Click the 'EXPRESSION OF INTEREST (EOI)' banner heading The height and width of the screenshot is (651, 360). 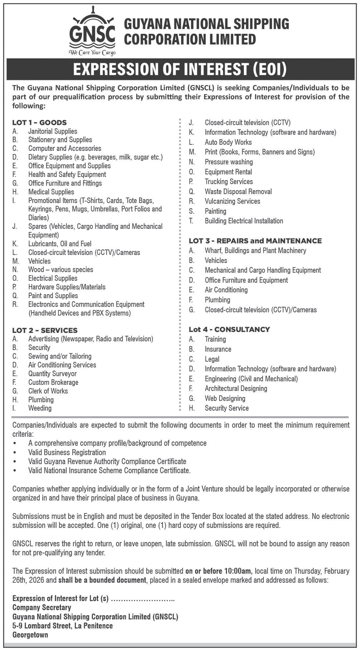[x=180, y=69]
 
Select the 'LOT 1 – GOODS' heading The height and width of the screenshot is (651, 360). [x=39, y=122]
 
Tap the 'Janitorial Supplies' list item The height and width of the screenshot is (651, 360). [x=52, y=131]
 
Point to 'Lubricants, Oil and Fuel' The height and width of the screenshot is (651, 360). [x=60, y=243]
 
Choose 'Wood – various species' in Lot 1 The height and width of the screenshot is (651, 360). [x=61, y=270]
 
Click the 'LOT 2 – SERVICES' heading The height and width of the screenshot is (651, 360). [x=45, y=330]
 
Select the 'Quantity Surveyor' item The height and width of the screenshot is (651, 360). [x=52, y=373]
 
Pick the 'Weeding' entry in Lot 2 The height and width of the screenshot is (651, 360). [x=40, y=408]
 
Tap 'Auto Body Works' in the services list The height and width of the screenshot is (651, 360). [x=228, y=142]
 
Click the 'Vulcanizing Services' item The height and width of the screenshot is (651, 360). [x=232, y=201]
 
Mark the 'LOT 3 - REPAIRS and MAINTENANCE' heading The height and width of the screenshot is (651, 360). [x=255, y=241]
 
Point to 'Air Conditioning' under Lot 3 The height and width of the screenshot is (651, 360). [x=226, y=290]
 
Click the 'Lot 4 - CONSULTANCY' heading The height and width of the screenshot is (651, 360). [x=229, y=329]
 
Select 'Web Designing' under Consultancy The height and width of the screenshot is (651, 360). [x=225, y=398]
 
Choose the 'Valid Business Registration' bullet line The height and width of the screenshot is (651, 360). [x=67, y=452]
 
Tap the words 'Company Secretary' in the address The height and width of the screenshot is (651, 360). [x=42, y=607]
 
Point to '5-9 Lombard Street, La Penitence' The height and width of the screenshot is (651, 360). [x=62, y=626]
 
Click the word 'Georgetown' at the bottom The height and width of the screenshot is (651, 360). [x=30, y=635]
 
